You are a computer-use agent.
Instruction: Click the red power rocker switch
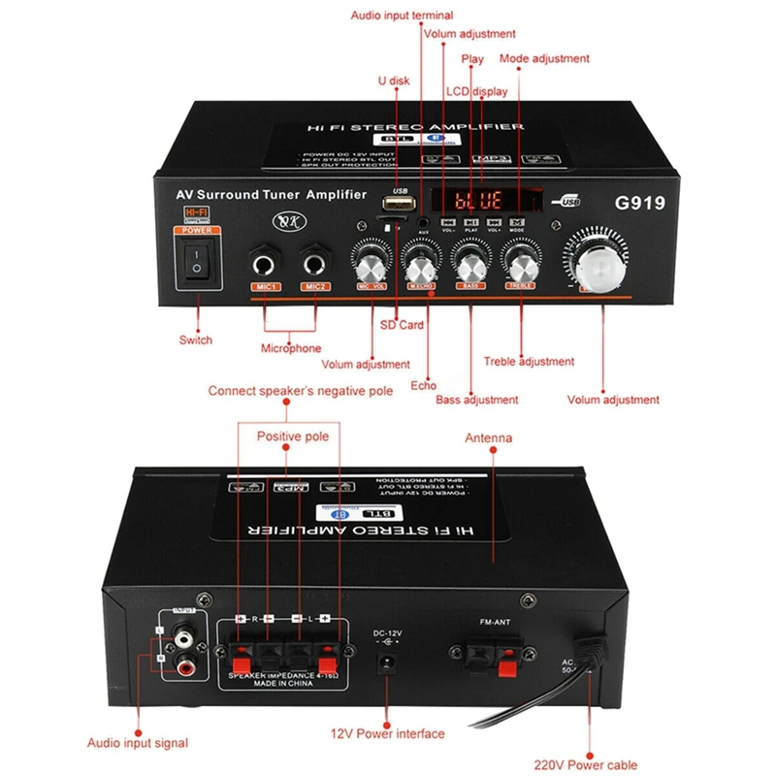198,262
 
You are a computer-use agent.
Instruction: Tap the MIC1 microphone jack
264,263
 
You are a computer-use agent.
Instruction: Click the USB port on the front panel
394,205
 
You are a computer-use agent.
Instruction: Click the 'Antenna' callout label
488,438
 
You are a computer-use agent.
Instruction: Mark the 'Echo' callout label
423,385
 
